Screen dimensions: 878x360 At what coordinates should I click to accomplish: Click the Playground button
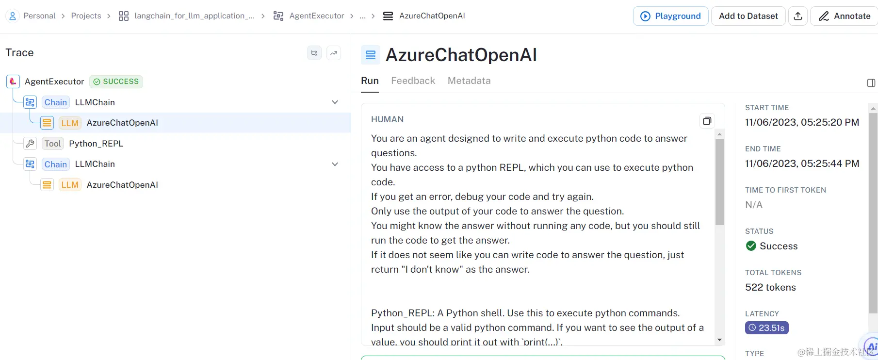[670, 16]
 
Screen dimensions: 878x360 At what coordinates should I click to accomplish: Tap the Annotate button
[845, 16]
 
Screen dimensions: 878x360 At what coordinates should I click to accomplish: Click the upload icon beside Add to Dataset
[798, 16]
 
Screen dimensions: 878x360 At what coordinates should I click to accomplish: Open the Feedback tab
[413, 81]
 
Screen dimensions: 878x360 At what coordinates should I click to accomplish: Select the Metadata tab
[469, 81]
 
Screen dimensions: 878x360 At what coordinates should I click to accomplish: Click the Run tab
[370, 81]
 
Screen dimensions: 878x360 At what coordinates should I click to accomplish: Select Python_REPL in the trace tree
[96, 144]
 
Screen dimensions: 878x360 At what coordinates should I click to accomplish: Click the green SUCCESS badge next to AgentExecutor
[116, 82]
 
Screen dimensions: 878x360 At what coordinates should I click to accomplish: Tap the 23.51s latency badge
[766, 328]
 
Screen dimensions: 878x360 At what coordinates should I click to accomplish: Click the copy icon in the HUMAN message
[707, 121]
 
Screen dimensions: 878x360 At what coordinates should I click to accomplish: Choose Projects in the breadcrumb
[86, 16]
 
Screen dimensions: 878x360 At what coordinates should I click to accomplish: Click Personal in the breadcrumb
[39, 16]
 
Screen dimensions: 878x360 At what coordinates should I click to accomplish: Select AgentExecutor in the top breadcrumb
[316, 16]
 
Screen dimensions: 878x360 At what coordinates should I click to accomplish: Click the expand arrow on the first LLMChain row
[335, 102]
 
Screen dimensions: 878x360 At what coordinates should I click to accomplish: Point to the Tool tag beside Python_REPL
[52, 144]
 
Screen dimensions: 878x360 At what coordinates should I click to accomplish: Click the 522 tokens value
[770, 287]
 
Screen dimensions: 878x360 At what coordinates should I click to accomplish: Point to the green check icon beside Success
[751, 246]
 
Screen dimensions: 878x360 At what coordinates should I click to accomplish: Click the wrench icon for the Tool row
[30, 144]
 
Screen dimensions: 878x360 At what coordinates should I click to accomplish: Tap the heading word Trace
[19, 52]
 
